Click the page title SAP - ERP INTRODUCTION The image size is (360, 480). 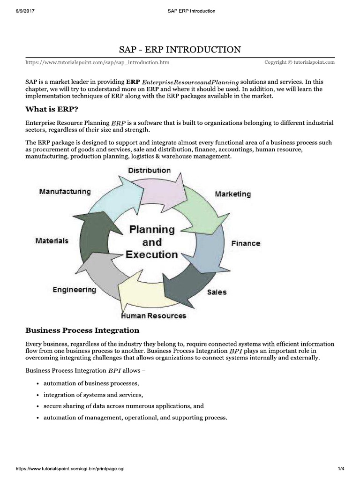pos(180,50)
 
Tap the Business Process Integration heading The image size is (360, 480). pos(82,330)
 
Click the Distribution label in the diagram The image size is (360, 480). pos(149,170)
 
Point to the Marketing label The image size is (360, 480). pos(232,194)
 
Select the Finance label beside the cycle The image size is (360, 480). pos(245,243)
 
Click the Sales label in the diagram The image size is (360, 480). pos(217,292)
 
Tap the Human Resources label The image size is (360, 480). pos(153,315)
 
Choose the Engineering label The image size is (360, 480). pos(74,290)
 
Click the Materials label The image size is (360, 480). pos(52,240)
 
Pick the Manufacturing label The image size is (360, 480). pos(65,191)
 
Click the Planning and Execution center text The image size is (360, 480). pos(152,242)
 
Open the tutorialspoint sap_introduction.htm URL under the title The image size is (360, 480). pos(97,62)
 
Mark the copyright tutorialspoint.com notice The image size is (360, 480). pos(300,62)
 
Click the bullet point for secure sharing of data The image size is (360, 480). pos(37,406)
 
